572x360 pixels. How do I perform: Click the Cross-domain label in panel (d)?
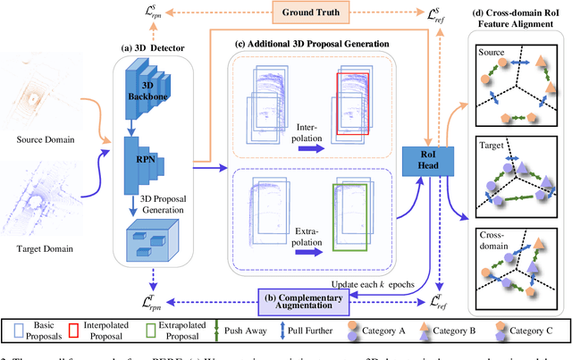click(494, 243)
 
